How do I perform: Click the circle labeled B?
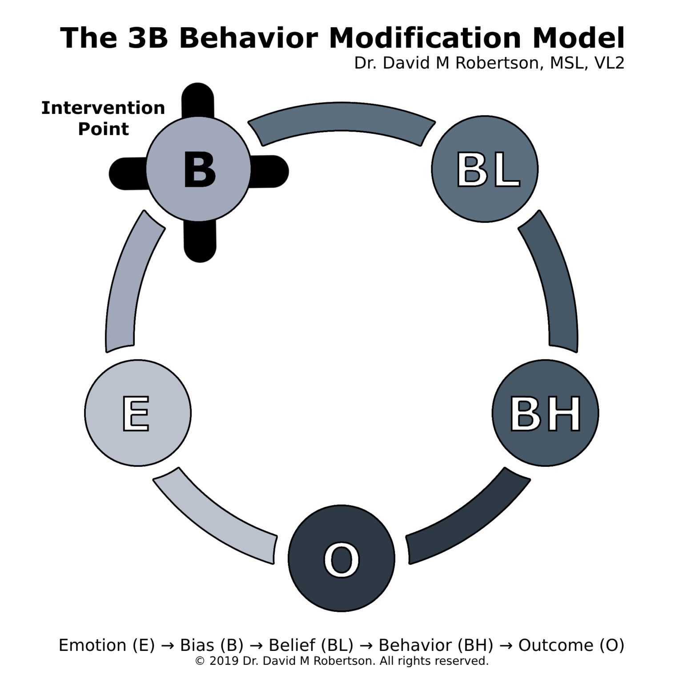pyautogui.click(x=198, y=169)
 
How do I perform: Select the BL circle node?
pyautogui.click(x=485, y=169)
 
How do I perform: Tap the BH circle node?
pyautogui.click(x=545, y=413)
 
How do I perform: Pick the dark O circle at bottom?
pyautogui.click(x=341, y=558)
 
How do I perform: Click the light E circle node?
pyautogui.click(x=138, y=413)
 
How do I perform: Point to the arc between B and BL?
pyautogui.click(x=341, y=117)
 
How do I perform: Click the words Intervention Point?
pyautogui.click(x=103, y=118)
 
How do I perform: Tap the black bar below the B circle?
pyautogui.click(x=200, y=242)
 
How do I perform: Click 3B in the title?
pyautogui.click(x=148, y=38)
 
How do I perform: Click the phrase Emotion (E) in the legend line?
pyautogui.click(x=107, y=645)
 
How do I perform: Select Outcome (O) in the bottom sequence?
pyautogui.click(x=571, y=645)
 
